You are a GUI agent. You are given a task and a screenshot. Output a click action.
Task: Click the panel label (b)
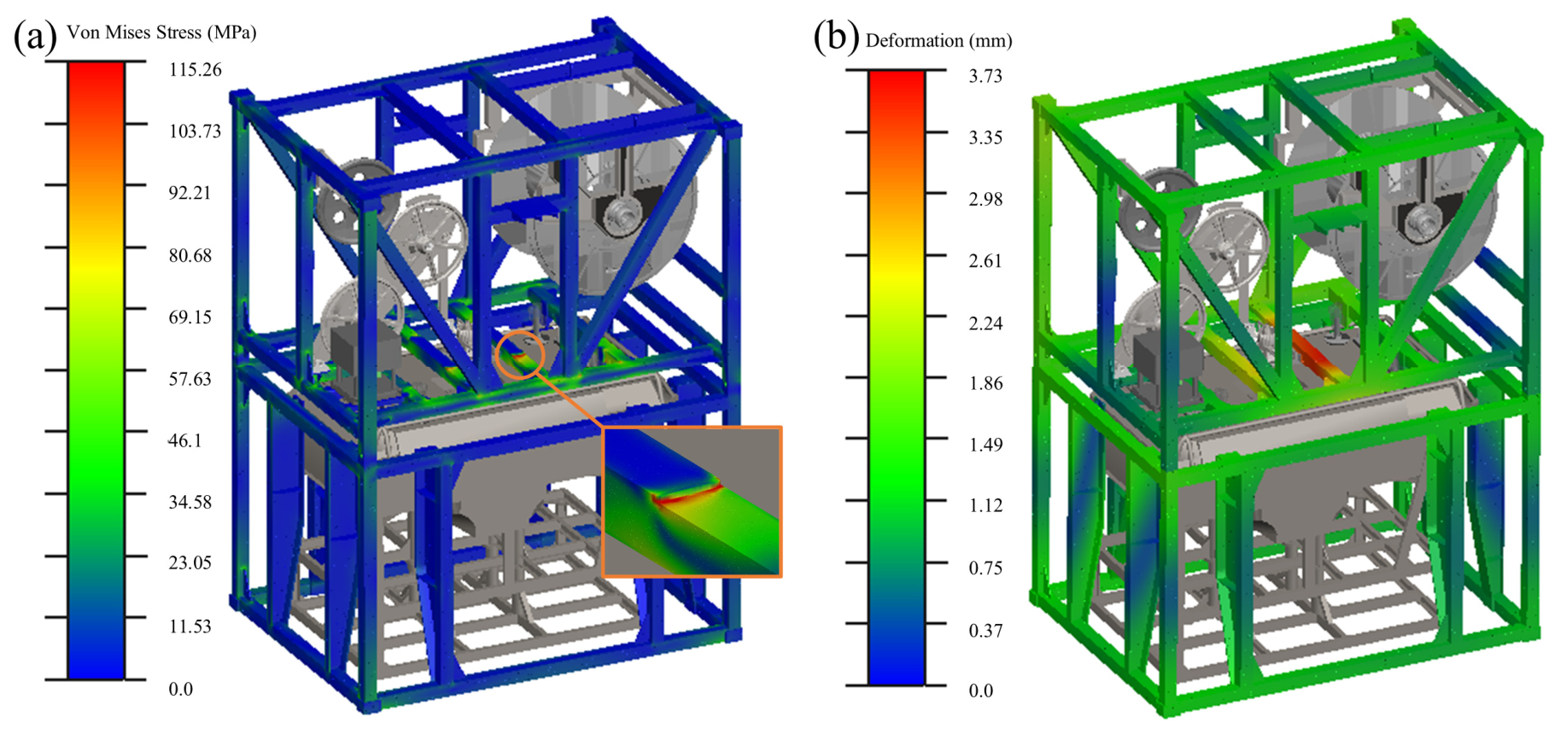tap(835, 37)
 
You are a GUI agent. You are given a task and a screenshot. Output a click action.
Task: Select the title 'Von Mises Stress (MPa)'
tap(161, 32)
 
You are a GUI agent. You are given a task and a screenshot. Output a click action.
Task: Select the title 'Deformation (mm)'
tap(938, 40)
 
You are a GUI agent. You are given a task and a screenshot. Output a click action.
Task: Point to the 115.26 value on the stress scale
tap(195, 69)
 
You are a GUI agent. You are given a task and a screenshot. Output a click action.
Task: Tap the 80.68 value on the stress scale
tap(190, 255)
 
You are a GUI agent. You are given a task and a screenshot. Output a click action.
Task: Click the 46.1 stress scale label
tap(184, 440)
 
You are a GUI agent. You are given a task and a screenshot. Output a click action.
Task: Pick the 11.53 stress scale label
tap(190, 626)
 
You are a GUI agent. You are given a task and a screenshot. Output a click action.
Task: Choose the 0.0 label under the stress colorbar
tap(180, 689)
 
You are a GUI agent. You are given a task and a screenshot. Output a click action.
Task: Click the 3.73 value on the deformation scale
tap(985, 76)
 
